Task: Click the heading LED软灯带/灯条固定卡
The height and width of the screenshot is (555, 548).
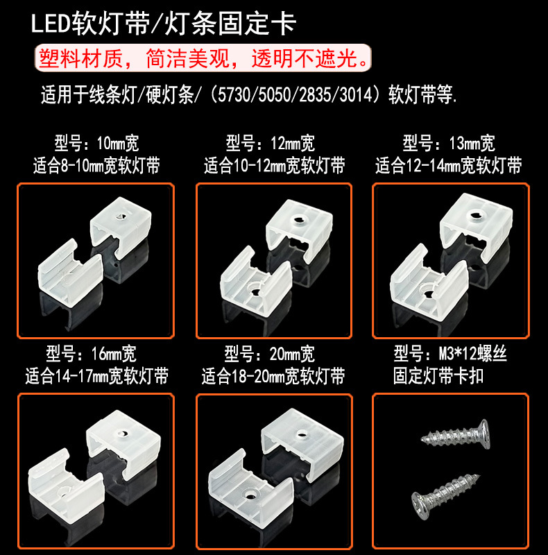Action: [x=164, y=25]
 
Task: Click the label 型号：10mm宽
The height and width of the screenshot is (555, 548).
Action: [x=96, y=144]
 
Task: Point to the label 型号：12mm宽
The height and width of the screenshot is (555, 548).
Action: [x=271, y=144]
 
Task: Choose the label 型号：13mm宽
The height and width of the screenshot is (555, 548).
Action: [x=449, y=144]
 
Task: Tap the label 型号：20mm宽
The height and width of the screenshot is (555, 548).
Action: [x=271, y=355]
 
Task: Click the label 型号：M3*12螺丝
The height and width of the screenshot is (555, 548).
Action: [x=450, y=355]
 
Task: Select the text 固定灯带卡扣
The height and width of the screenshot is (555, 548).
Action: [x=438, y=377]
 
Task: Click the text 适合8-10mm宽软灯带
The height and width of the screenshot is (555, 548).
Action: [x=96, y=166]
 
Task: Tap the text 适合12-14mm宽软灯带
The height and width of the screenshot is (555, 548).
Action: [x=449, y=166]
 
